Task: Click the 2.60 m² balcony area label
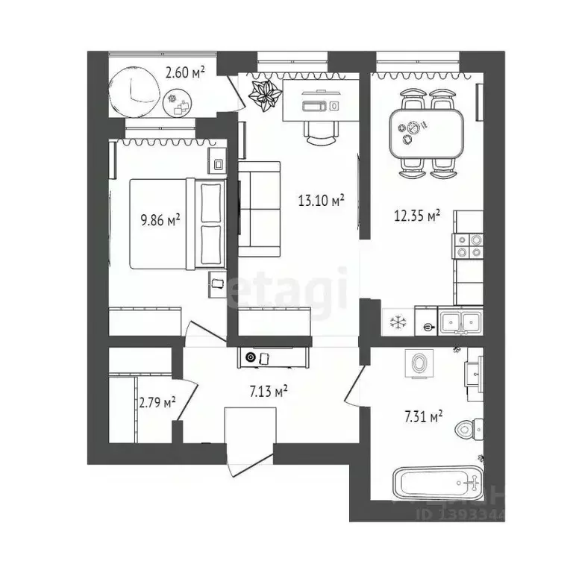click(184, 72)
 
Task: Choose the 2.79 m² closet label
click(157, 403)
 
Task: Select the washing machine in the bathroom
click(419, 364)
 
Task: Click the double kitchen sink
click(460, 322)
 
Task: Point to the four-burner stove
click(468, 246)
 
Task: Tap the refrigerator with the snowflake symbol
click(396, 322)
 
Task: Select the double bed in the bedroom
click(178, 223)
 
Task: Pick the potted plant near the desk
click(265, 95)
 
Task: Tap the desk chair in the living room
click(321, 133)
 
